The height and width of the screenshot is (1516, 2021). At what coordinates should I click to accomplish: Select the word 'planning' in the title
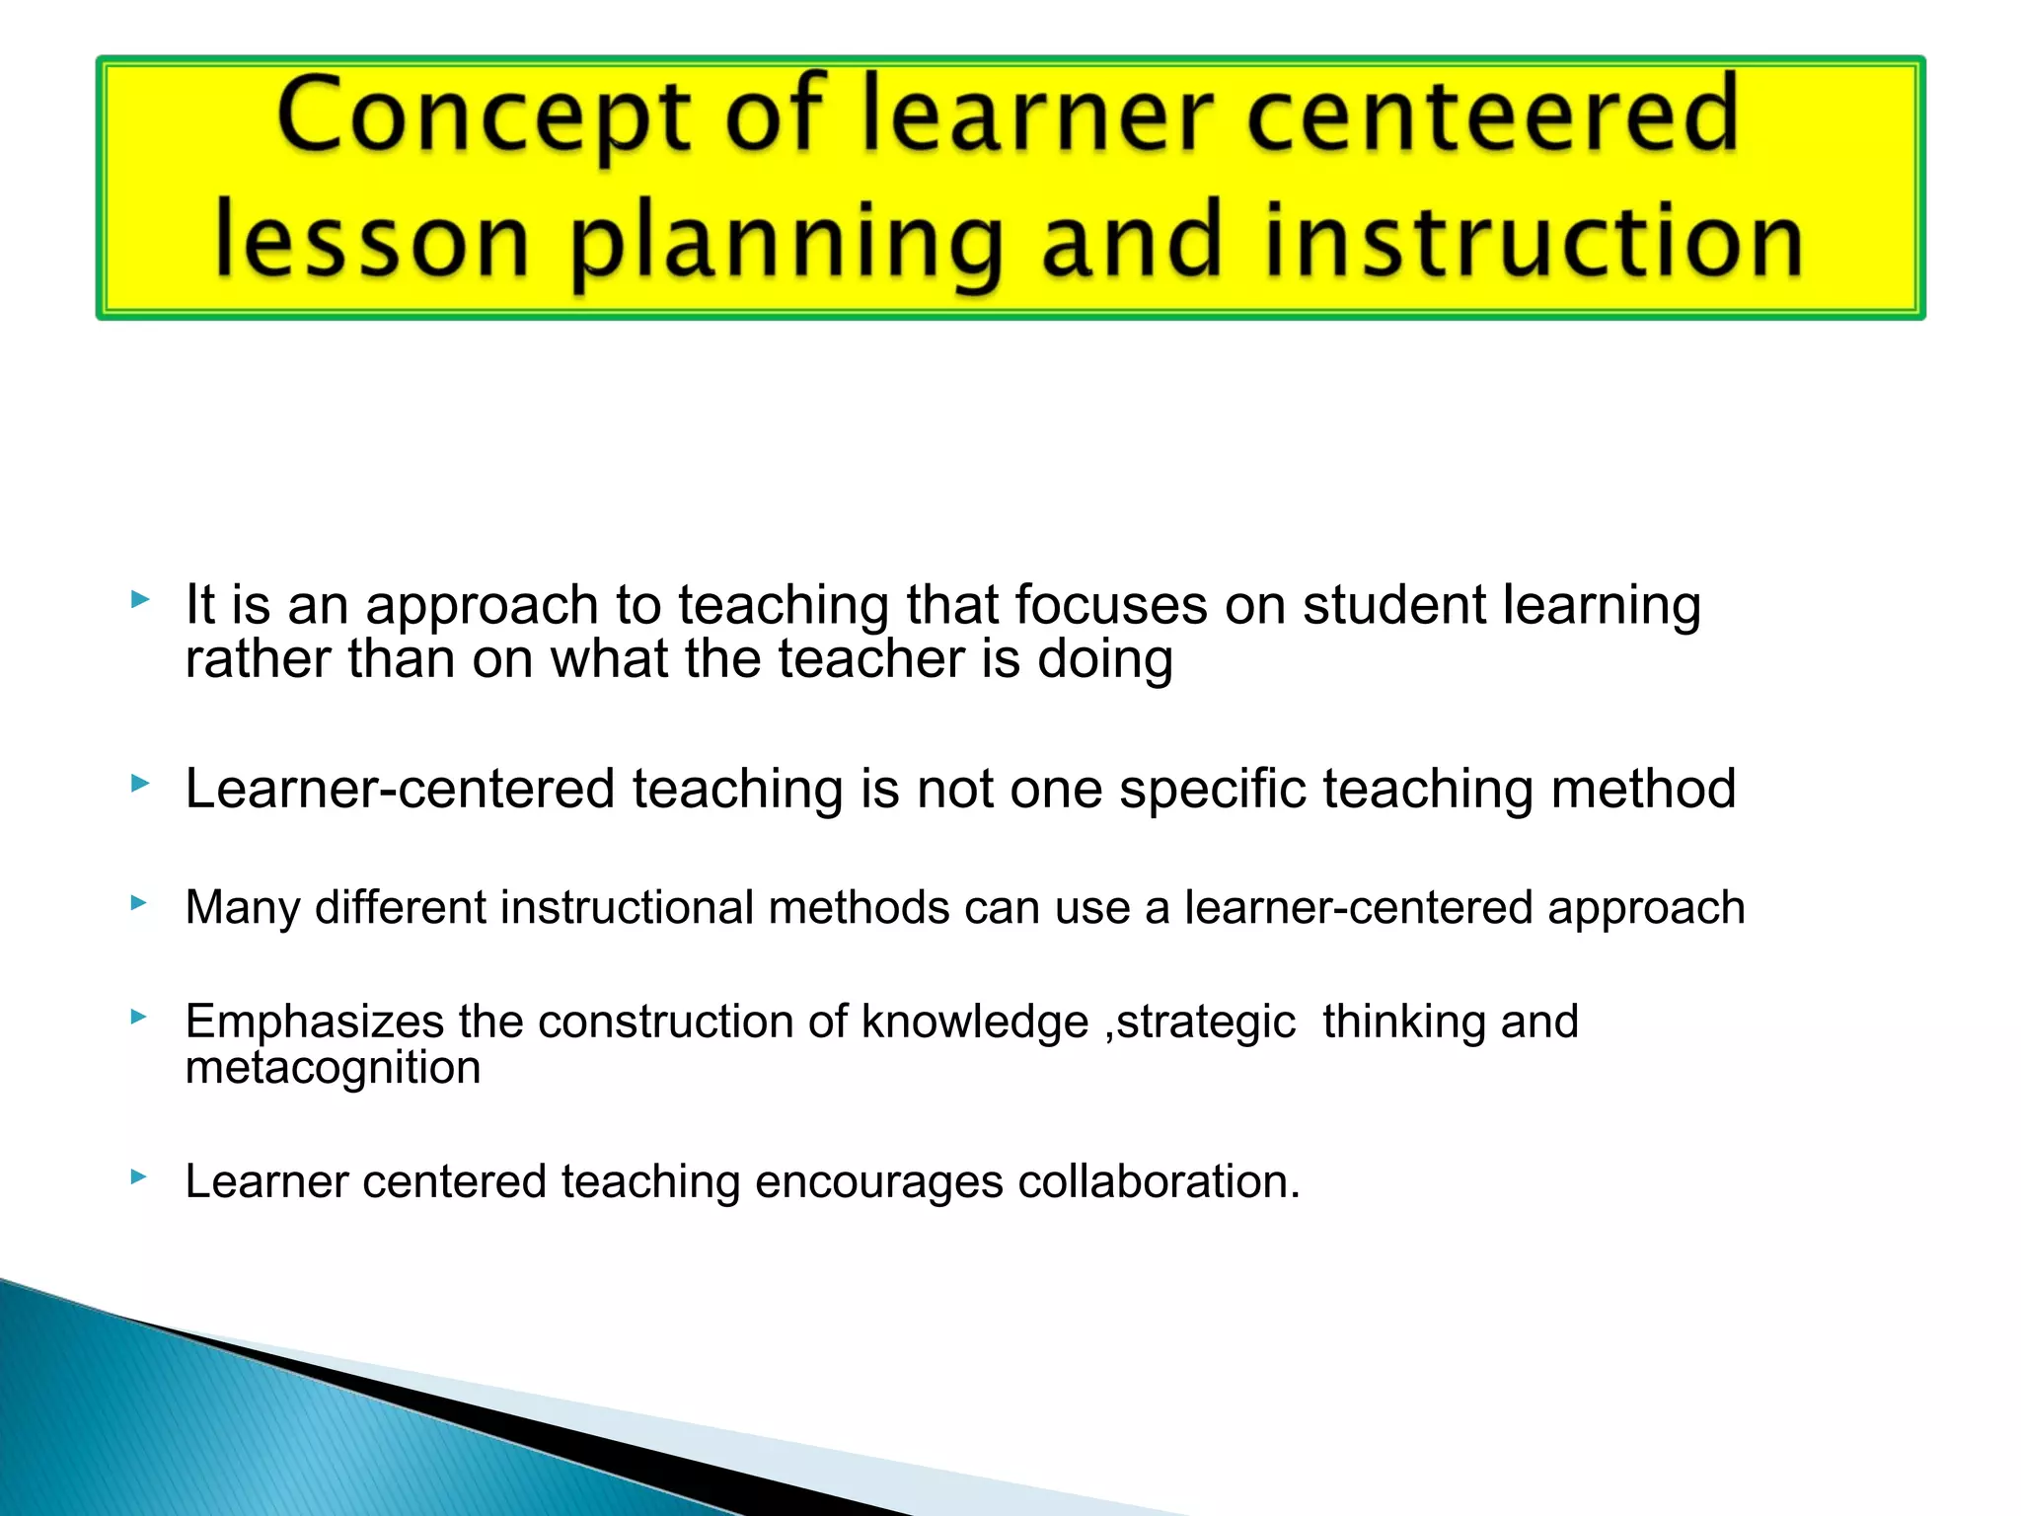click(x=786, y=243)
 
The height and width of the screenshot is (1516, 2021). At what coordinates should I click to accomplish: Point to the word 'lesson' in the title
click(x=373, y=241)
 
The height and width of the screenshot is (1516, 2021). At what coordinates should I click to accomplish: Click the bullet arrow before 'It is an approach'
click(x=140, y=599)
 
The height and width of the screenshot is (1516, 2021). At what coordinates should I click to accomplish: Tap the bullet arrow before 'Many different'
click(x=140, y=902)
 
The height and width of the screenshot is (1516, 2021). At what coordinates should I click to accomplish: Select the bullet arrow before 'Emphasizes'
click(x=140, y=1016)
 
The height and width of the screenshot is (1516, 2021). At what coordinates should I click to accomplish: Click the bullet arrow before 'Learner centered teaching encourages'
click(x=140, y=1175)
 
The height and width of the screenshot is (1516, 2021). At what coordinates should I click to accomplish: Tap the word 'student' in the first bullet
click(x=1393, y=605)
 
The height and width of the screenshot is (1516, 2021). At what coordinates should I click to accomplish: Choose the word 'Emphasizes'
click(x=315, y=1022)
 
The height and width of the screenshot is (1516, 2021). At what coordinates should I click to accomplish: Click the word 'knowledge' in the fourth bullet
click(x=975, y=1022)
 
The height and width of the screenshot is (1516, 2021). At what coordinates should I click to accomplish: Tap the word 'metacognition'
click(x=333, y=1068)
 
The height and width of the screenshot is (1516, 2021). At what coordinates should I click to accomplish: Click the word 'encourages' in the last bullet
click(x=879, y=1181)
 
